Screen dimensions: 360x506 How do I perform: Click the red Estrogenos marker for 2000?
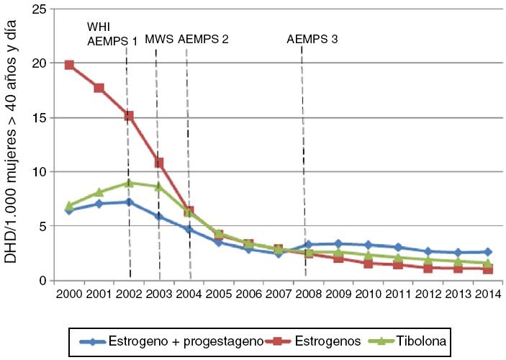click(x=69, y=65)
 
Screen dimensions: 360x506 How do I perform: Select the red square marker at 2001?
click(x=99, y=88)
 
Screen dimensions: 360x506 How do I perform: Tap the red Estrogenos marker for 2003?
click(x=158, y=163)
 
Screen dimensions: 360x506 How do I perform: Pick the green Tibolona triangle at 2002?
click(x=128, y=183)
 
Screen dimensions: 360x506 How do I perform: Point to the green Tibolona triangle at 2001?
click(x=99, y=192)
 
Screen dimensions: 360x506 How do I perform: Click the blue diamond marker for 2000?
click(x=69, y=210)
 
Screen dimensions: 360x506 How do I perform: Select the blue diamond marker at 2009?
click(x=338, y=244)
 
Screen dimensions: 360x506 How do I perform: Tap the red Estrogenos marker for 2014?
click(x=487, y=269)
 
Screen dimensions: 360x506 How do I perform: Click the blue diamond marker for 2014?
click(x=487, y=252)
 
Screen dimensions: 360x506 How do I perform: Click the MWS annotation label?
click(x=158, y=39)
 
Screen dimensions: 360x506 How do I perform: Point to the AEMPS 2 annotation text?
click(x=203, y=39)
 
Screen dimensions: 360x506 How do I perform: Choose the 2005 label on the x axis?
click(x=218, y=294)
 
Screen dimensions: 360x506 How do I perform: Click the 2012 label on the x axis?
click(x=428, y=294)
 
